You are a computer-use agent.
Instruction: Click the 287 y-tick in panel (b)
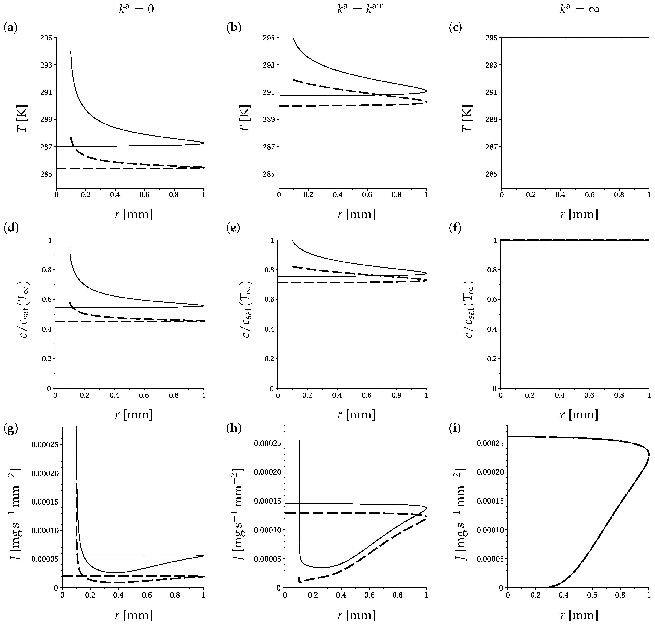coord(270,147)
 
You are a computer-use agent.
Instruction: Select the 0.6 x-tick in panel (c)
coord(590,195)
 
